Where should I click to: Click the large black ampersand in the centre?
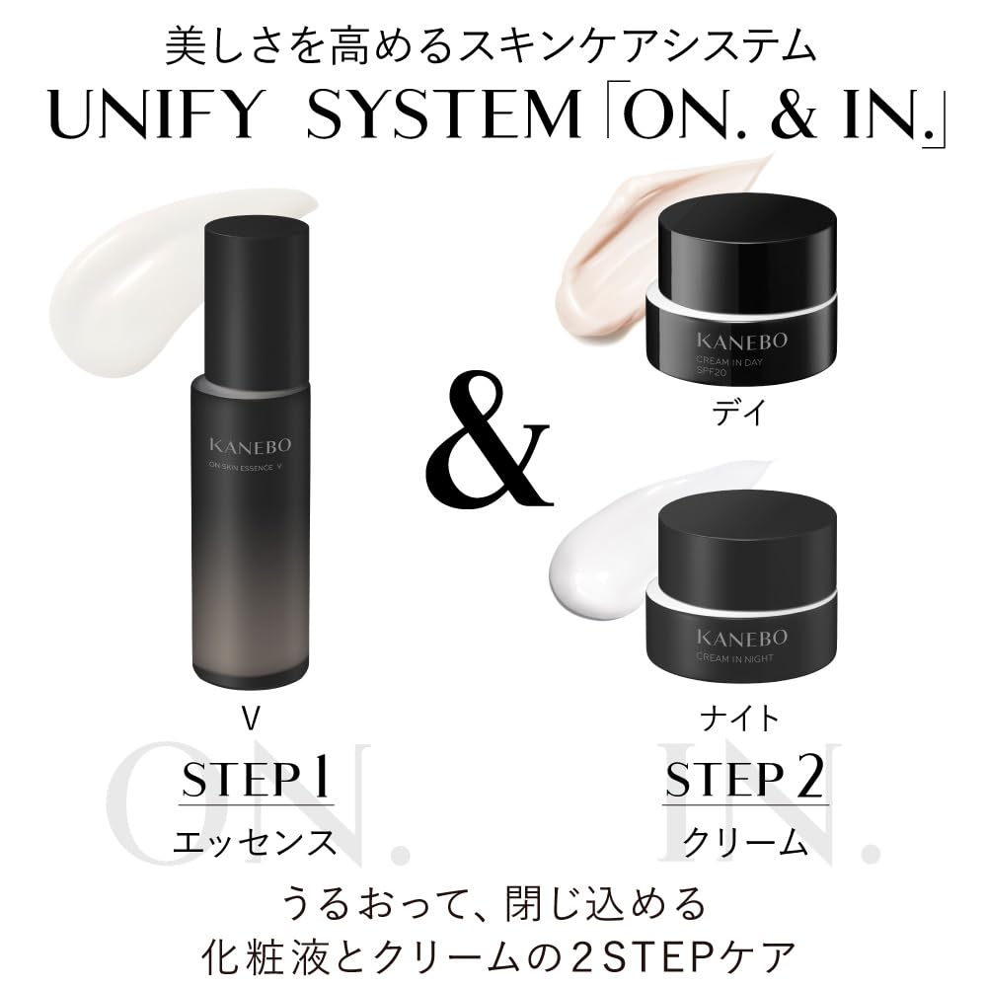coord(491,446)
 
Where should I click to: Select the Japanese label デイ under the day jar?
coord(738,415)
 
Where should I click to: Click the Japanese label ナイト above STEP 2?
coord(738,719)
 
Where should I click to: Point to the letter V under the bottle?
coord(251,719)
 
